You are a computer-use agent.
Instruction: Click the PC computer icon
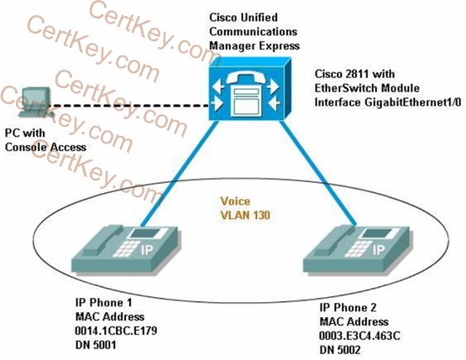pyautogui.click(x=35, y=102)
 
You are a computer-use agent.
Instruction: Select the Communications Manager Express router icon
pyautogui.click(x=249, y=89)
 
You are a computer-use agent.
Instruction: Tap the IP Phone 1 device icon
pyautogui.click(x=126, y=248)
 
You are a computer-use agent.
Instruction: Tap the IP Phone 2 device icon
pyautogui.click(x=358, y=249)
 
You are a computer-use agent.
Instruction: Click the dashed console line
pyautogui.click(x=129, y=106)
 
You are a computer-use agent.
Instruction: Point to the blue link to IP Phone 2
pyautogui.click(x=318, y=173)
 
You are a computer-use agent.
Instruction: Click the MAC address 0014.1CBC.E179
pyautogui.click(x=116, y=331)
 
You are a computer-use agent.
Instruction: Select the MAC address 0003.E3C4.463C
pyautogui.click(x=359, y=336)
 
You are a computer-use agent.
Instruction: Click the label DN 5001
pyautogui.click(x=96, y=345)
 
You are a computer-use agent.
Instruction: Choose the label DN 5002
pyautogui.click(x=340, y=350)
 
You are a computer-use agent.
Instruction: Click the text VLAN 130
pyautogui.click(x=245, y=215)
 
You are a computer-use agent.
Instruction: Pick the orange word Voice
pyautogui.click(x=235, y=201)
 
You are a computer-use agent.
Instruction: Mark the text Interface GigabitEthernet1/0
pyautogui.click(x=388, y=102)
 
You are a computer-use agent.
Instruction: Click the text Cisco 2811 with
pyautogui.click(x=355, y=74)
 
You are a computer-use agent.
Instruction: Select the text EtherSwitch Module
pyautogui.click(x=367, y=88)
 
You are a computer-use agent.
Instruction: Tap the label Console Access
pyautogui.click(x=46, y=147)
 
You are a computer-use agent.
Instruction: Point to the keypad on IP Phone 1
pyautogui.click(x=125, y=248)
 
